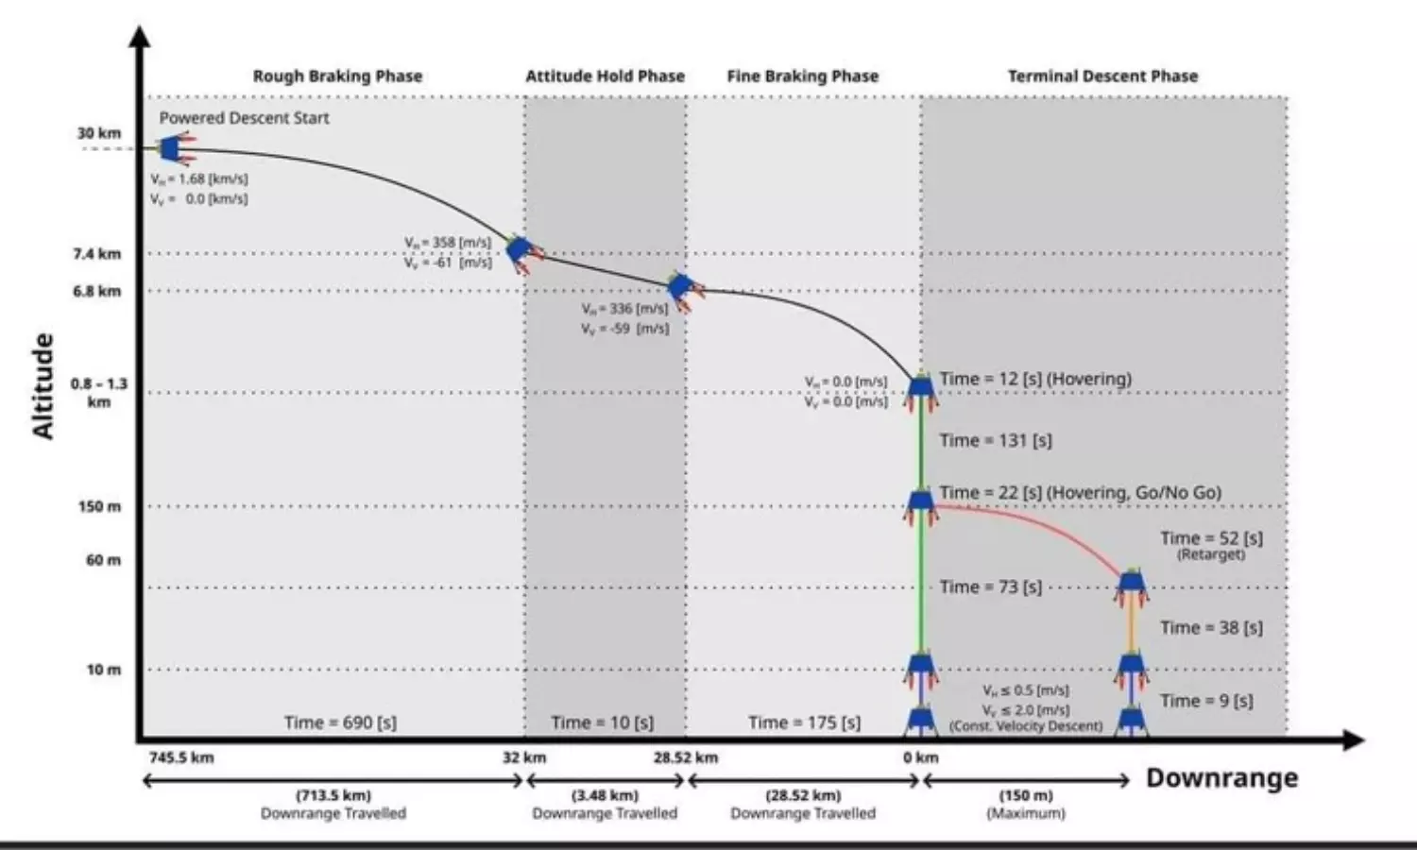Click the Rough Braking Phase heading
[337, 76]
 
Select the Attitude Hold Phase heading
[605, 76]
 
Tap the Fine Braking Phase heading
[802, 76]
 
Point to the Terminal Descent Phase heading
[1102, 76]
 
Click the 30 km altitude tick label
[99, 133]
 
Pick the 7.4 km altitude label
[97, 253]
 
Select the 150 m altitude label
[99, 506]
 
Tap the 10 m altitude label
[104, 670]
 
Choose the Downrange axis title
[1221, 778]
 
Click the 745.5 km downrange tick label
[181, 757]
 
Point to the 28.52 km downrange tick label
[686, 757]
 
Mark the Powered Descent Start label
[244, 118]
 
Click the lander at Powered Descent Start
[172, 148]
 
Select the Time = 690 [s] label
[340, 722]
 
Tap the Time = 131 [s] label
[995, 440]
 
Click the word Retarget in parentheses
[1211, 554]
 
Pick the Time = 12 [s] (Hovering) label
[1034, 379]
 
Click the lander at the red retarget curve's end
[1132, 586]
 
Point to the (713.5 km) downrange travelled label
[333, 795]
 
